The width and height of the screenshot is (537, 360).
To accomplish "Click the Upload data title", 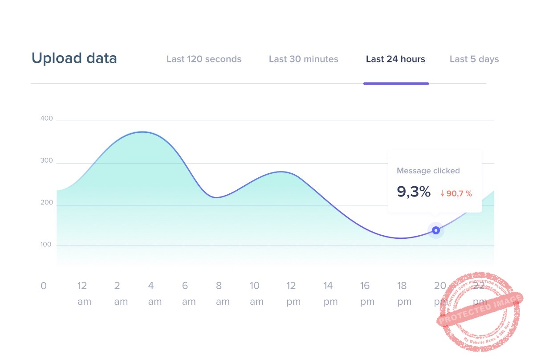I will pos(74,58).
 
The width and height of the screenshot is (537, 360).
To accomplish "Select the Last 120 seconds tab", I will pos(204,59).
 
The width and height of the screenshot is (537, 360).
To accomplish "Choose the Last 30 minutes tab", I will pos(304,59).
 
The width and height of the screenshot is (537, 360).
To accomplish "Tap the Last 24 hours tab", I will pos(395,59).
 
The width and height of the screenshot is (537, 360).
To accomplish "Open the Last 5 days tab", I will pos(474,59).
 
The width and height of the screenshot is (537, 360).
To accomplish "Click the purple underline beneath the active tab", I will pos(396,83).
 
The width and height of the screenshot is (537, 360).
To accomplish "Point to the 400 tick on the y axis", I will pos(46,119).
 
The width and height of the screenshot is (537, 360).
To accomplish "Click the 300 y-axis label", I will pos(46,161).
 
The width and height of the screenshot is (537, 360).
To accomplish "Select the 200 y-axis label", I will pos(46,203).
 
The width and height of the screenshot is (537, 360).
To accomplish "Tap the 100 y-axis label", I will pos(46,245).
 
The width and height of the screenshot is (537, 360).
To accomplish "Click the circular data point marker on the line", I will pos(436,230).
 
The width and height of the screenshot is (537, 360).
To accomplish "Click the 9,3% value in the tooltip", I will pos(414,192).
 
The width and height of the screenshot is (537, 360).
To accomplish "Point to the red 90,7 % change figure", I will pos(456,194).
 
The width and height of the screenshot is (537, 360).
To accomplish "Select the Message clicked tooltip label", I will pos(428,171).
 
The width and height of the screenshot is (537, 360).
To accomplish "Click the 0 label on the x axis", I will pos(43,286).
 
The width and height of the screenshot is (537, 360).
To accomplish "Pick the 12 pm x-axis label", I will pos(292,293).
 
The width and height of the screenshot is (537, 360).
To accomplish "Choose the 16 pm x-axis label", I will pos(366,293).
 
